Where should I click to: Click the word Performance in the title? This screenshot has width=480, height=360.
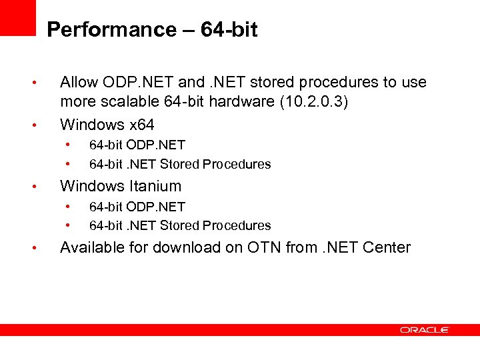102,30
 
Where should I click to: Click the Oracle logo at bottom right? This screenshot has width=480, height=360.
425,329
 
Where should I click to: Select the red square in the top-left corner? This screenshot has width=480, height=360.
17,17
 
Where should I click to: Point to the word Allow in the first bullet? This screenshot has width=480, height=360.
79,83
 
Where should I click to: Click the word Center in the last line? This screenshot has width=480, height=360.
387,247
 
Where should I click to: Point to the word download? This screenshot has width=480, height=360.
191,247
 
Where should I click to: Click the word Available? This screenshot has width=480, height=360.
91,247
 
